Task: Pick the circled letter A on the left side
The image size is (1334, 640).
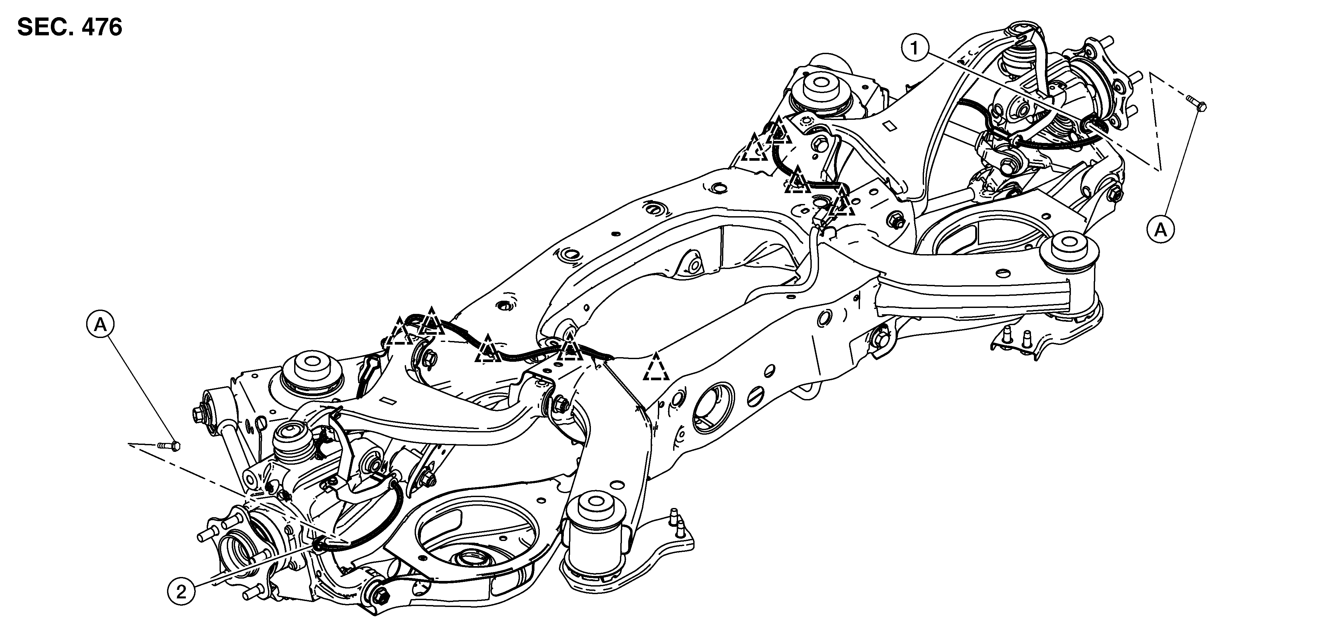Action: tap(100, 325)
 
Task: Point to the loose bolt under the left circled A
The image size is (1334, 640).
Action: tap(168, 445)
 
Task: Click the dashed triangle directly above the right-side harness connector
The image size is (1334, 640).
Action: tap(841, 202)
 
